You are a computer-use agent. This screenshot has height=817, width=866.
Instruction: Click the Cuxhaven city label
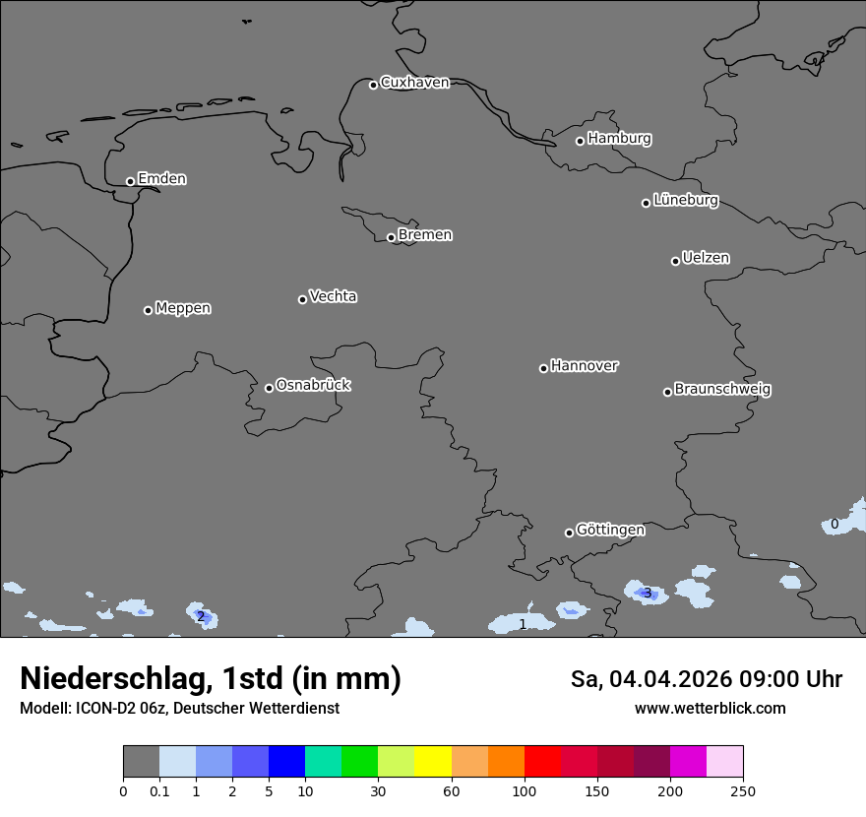414,83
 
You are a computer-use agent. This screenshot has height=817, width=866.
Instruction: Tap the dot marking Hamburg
581,141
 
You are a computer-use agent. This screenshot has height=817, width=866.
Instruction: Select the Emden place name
161,179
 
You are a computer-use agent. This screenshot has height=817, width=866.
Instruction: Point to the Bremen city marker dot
391,237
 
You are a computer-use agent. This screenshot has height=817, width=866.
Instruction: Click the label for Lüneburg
685,201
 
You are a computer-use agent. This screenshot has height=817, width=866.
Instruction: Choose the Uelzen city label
706,259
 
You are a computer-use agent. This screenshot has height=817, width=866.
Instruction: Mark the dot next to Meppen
148,310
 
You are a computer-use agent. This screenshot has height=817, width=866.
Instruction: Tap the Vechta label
333,296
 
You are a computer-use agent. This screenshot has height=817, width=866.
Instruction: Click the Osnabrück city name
313,385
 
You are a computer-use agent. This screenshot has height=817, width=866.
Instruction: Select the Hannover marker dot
543,368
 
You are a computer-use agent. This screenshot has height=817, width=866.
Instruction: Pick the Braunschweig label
722,390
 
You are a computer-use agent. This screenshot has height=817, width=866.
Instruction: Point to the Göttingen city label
610,531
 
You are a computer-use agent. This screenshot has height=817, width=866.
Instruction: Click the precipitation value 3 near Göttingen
647,593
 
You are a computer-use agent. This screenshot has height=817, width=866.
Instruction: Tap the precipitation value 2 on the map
201,617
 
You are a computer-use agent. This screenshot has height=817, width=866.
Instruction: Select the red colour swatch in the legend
542,762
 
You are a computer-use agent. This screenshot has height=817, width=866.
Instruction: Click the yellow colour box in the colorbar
433,762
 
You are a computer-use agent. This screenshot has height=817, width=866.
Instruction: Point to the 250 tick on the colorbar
743,790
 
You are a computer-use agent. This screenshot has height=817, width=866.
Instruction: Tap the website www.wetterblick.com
710,709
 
